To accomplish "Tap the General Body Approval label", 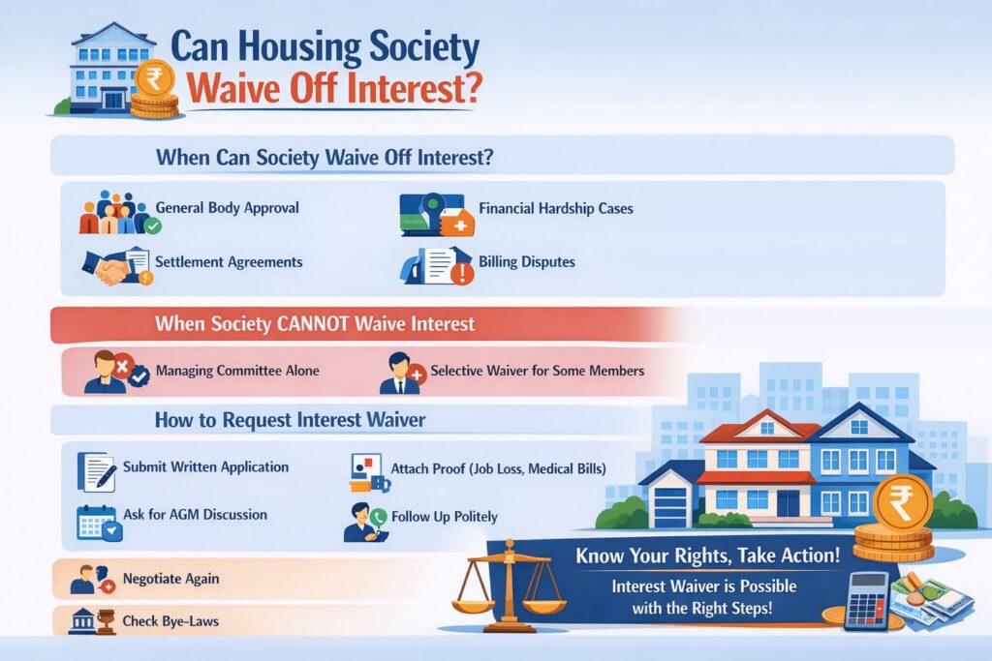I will [x=227, y=208].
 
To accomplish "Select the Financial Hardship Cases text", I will [x=555, y=208].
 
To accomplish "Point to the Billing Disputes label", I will [x=526, y=262].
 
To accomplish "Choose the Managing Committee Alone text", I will [x=236, y=371].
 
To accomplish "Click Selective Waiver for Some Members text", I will [x=537, y=371].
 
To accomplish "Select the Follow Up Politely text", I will [x=445, y=517].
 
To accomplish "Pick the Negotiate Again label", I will [x=170, y=579].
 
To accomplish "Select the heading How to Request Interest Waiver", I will [x=290, y=421].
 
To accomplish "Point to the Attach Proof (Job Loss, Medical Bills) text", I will [x=498, y=469].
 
